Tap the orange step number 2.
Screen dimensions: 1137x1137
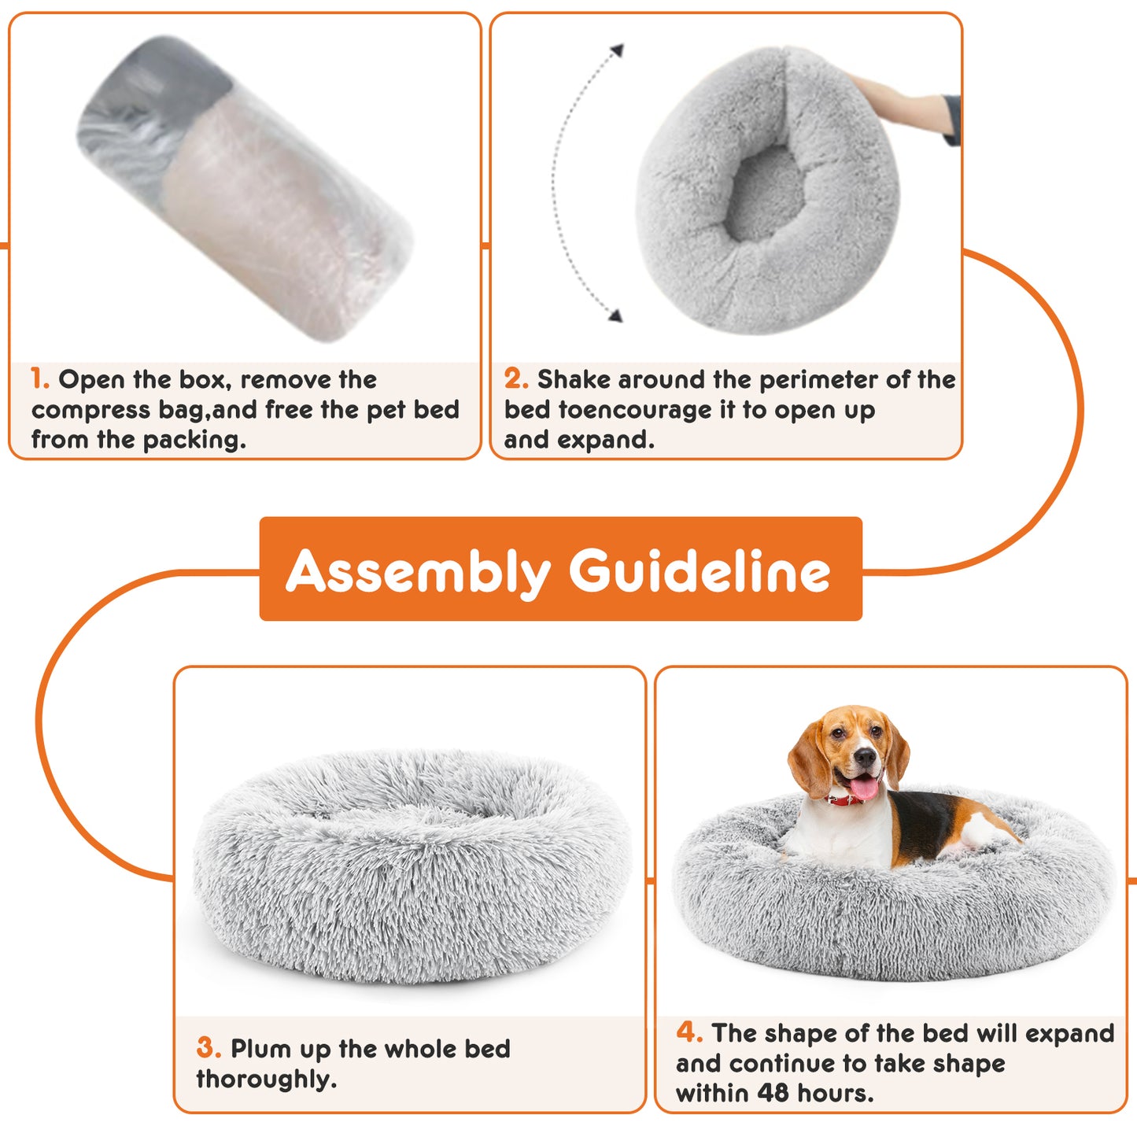[516, 379]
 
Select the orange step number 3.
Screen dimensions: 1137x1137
[209, 1048]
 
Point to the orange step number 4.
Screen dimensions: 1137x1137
[688, 1032]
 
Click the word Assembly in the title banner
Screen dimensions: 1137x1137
[418, 571]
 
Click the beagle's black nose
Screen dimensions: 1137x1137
[866, 758]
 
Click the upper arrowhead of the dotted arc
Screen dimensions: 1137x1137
[618, 50]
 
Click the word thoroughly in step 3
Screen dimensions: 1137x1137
[266, 1080]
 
